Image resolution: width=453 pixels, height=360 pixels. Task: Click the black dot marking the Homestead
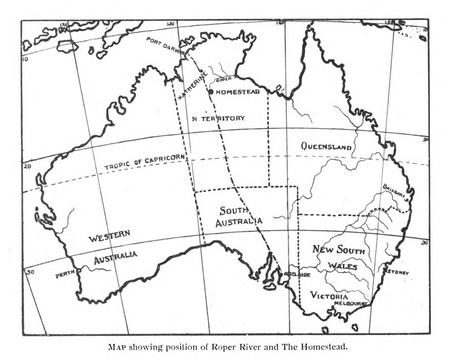tap(211, 92)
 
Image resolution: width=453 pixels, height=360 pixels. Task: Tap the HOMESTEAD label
tap(238, 92)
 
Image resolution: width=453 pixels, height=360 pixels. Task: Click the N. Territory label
tap(219, 118)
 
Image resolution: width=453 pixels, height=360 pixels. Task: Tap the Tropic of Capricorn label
tap(145, 162)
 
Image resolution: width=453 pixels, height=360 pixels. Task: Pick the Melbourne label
tap(351, 303)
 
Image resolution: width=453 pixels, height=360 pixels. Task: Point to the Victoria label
tap(329, 296)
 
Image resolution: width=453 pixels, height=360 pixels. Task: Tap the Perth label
tap(65, 275)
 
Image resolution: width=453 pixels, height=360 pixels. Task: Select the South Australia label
tap(239, 217)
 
